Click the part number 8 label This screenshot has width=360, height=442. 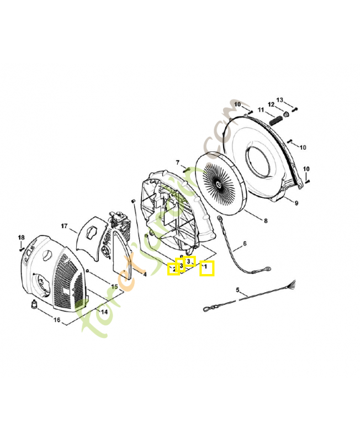click(266, 221)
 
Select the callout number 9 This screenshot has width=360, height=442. click(296, 203)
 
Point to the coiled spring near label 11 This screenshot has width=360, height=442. click(276, 118)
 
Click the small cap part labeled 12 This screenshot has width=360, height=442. click(287, 114)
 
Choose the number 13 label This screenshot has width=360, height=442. click(280, 99)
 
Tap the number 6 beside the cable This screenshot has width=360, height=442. click(245, 244)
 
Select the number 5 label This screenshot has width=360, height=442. click(237, 290)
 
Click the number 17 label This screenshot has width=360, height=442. click(64, 226)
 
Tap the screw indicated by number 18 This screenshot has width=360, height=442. click(21, 249)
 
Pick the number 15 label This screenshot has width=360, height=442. click(114, 287)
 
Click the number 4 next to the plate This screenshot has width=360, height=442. click(145, 273)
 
